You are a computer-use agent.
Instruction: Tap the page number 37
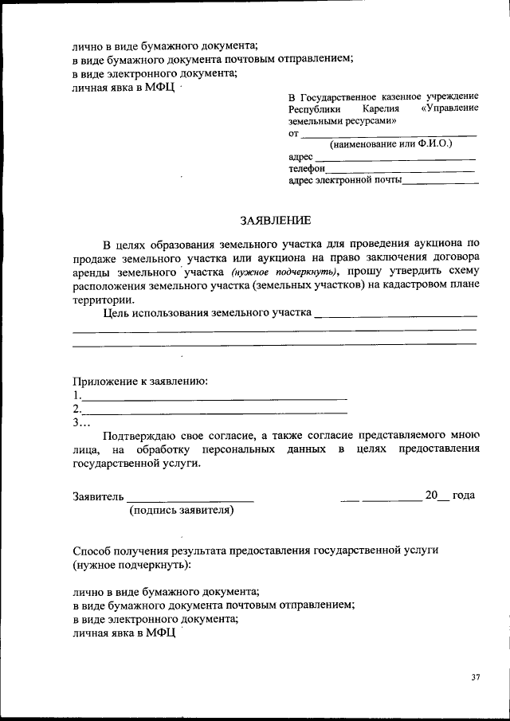point(475,678)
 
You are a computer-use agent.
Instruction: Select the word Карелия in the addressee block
point(379,109)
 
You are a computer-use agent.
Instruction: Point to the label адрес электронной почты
point(345,181)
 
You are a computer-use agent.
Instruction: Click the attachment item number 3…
point(81,423)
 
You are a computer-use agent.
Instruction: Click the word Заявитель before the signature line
point(98,496)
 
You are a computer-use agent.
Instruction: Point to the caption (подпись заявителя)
point(182,511)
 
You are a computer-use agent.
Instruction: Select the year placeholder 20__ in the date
point(437,496)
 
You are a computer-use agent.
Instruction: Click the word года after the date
point(464,496)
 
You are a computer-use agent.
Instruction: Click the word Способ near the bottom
point(92,551)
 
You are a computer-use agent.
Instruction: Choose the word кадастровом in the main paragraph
point(418,286)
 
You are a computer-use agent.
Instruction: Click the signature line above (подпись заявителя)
point(190,500)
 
